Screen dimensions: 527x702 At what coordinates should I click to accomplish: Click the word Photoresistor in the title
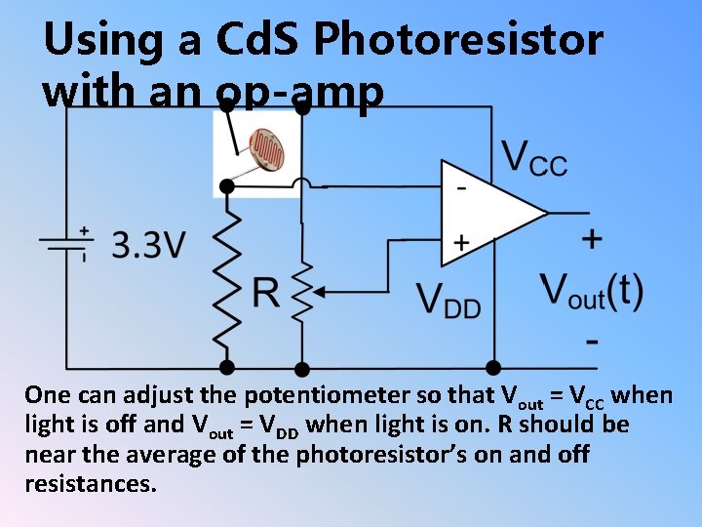457,41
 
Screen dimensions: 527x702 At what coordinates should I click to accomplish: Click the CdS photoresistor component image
258,154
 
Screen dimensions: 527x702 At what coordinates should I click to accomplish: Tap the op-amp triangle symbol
487,213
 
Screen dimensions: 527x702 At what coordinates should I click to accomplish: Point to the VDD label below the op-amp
448,300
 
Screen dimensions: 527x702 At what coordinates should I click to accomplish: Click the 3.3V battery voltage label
147,245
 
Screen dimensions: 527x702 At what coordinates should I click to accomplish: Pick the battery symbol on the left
66,244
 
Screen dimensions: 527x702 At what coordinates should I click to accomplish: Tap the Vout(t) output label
591,291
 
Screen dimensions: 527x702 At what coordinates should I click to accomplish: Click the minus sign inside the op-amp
461,184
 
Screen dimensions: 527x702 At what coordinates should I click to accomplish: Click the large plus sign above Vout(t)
591,238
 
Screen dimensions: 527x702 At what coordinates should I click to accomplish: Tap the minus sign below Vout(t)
593,342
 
